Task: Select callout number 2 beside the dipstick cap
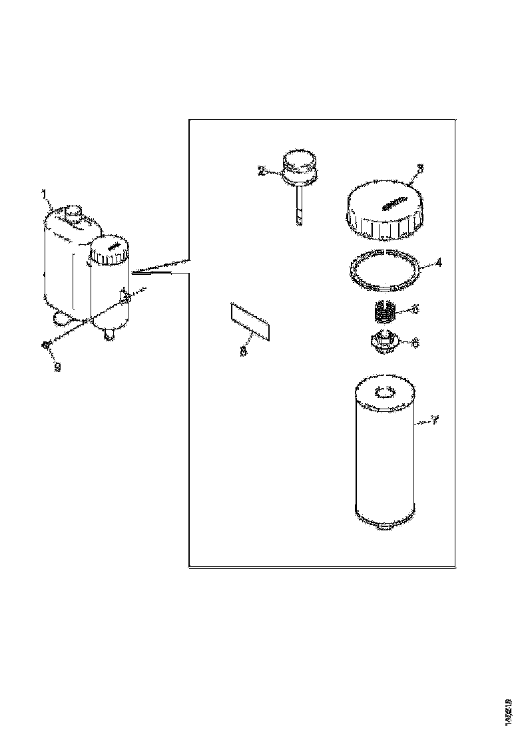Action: click(261, 170)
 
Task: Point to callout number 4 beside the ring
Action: click(437, 262)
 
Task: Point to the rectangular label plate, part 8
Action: click(250, 322)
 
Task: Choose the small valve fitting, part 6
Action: click(384, 342)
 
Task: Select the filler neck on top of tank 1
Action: click(72, 214)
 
